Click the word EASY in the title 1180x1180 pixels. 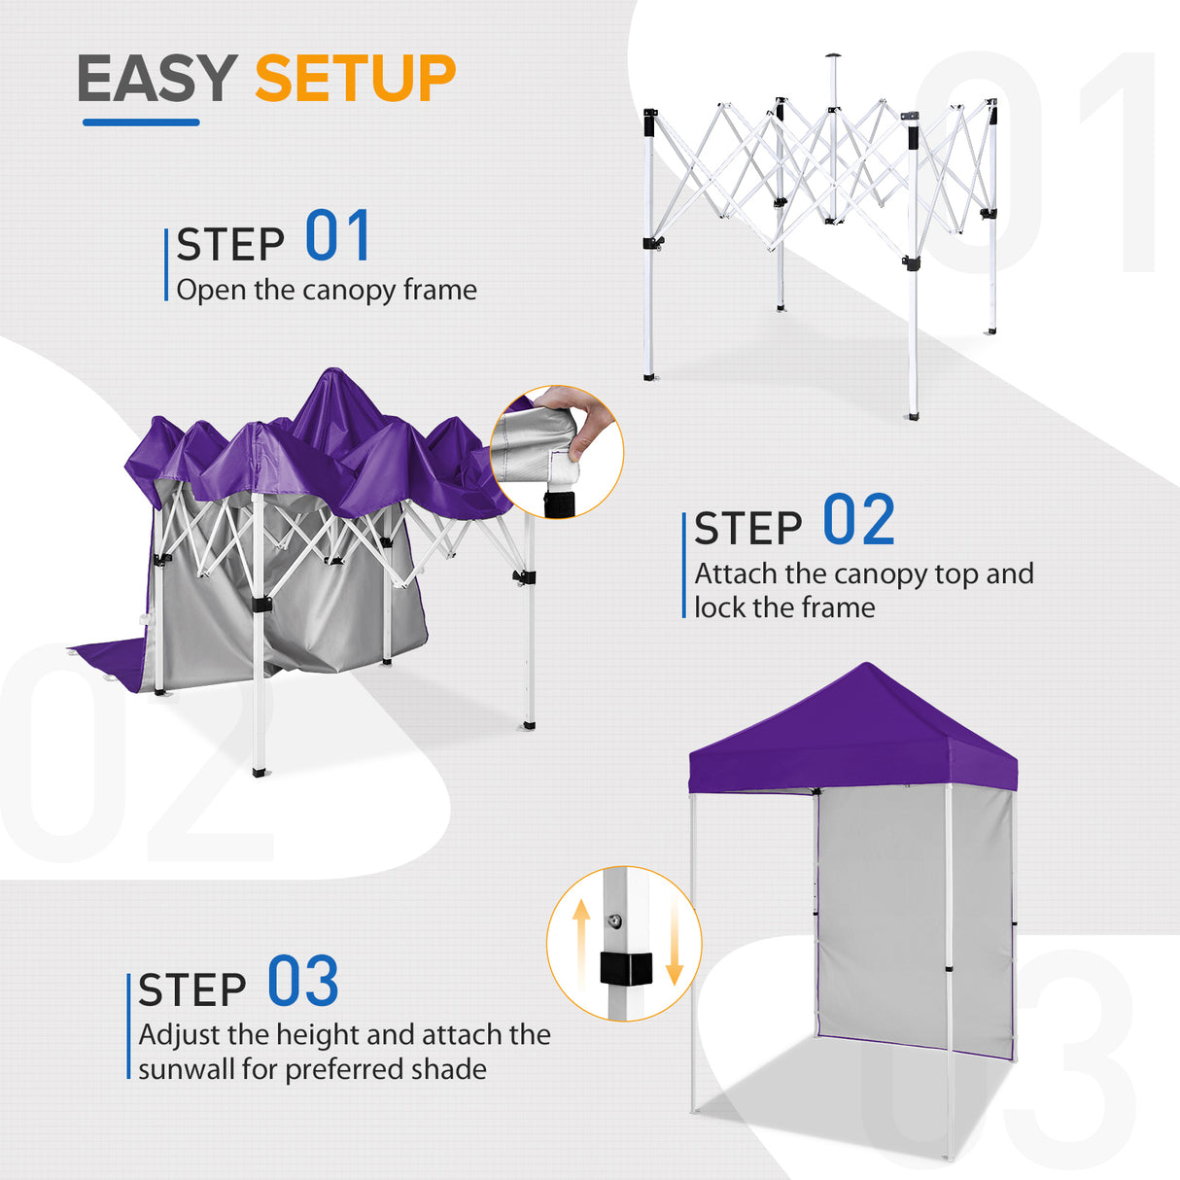pyautogui.click(x=156, y=79)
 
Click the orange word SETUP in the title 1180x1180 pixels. pyautogui.click(x=355, y=79)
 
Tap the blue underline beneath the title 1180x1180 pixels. pyautogui.click(x=141, y=122)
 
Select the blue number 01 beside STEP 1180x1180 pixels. pyautogui.click(x=337, y=236)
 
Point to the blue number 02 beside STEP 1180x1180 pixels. pyautogui.click(x=858, y=520)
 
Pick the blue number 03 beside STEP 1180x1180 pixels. pyautogui.click(x=302, y=982)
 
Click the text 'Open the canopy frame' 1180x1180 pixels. pyautogui.click(x=327, y=290)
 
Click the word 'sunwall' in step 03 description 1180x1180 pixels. pyautogui.click(x=187, y=1069)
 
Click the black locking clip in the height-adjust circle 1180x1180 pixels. pyautogui.click(x=623, y=968)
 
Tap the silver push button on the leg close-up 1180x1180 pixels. pyautogui.click(x=615, y=920)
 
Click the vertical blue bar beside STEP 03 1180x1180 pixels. pyautogui.click(x=128, y=1025)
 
